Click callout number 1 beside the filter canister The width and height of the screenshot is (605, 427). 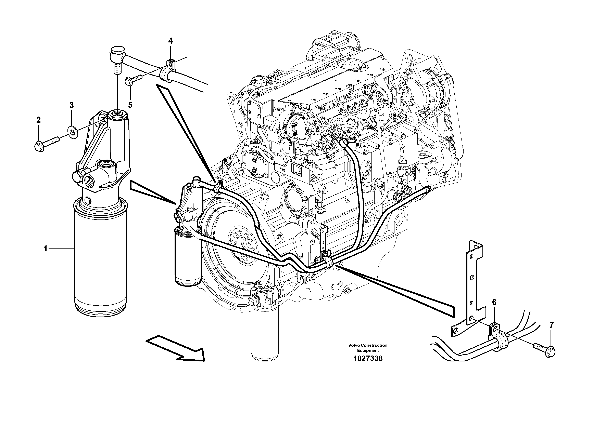[45, 248]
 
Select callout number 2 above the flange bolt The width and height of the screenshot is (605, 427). [38, 120]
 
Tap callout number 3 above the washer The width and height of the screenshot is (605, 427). [71, 105]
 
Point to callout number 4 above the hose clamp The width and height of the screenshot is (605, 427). [171, 41]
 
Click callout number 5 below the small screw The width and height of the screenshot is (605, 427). [130, 105]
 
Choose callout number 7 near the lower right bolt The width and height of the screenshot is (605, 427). [551, 325]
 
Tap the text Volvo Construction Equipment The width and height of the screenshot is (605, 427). [368, 348]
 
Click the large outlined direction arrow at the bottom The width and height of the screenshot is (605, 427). [179, 348]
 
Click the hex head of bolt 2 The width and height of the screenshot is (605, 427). [39, 147]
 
